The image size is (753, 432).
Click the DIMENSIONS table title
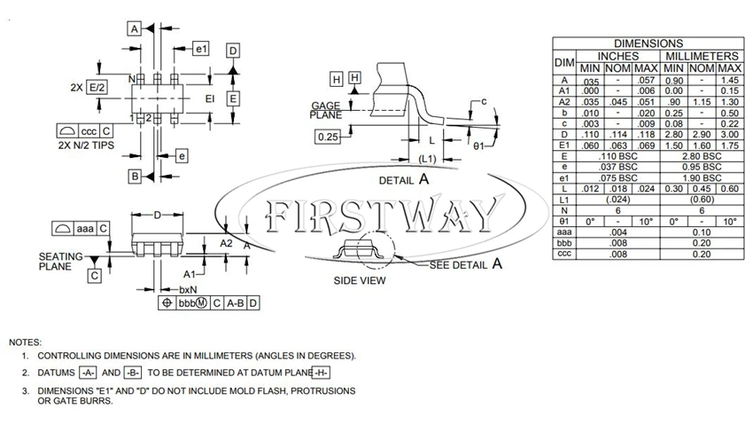[x=648, y=43]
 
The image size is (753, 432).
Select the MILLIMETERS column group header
[x=702, y=56]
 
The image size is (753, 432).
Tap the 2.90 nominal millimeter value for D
[x=702, y=135]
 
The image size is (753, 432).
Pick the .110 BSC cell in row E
[x=618, y=156]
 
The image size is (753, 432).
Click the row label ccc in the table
[x=564, y=254]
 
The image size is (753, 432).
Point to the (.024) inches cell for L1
[x=618, y=200]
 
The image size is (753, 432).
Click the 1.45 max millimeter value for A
[x=729, y=81]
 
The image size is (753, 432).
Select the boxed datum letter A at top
[x=135, y=29]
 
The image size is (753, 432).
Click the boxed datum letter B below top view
[x=135, y=177]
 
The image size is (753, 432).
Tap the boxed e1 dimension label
[x=201, y=49]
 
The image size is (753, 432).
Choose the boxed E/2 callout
[x=97, y=88]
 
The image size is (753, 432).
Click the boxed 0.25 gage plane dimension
[x=328, y=137]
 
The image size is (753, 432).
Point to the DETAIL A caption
[x=404, y=180]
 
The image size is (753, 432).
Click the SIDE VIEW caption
[x=360, y=281]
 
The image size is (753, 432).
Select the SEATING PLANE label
[x=61, y=262]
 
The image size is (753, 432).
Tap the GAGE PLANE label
[x=326, y=110]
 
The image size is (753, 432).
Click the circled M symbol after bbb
[x=202, y=303]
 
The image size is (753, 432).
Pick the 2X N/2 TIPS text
[x=87, y=145]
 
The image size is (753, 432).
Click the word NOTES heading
[x=26, y=342]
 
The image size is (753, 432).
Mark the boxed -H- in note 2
[x=322, y=373]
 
